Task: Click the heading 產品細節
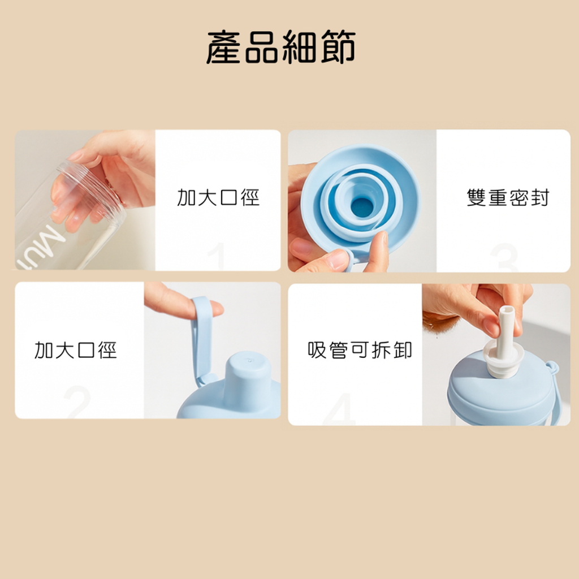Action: point(280,47)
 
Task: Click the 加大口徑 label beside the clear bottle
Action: point(218,197)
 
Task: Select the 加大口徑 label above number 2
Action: point(75,350)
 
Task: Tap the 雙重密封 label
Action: point(508,197)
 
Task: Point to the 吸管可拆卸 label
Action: point(360,350)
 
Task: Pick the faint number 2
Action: point(77,402)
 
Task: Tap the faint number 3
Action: point(504,257)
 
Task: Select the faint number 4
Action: point(340,409)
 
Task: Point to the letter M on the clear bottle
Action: point(51,239)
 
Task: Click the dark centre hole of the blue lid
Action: point(361,208)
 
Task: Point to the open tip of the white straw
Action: point(506,309)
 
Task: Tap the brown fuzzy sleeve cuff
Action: point(440,321)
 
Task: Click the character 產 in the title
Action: point(224,47)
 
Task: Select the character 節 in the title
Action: point(338,47)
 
